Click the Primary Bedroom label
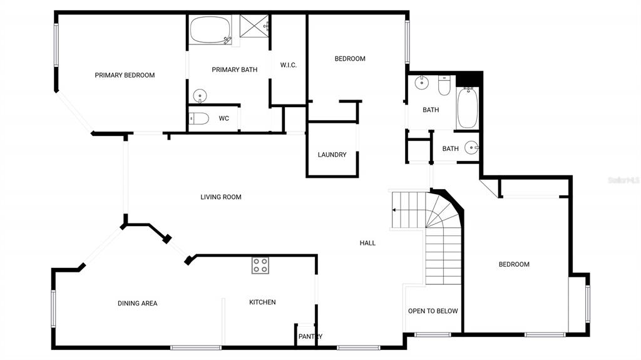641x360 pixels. tap(125, 75)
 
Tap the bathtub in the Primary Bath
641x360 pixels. tap(210, 30)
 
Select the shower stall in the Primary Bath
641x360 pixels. tap(254, 26)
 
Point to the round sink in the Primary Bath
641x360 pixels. tap(200, 96)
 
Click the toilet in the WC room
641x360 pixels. tap(199, 118)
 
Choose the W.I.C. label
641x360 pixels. tap(288, 65)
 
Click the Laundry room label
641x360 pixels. tap(332, 155)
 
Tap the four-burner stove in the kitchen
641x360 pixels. tap(260, 265)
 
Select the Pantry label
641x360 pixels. tap(310, 336)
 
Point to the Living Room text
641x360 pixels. tap(221, 197)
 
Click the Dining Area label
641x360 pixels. tap(137, 303)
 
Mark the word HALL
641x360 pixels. tap(367, 243)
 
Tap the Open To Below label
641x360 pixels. tap(433, 311)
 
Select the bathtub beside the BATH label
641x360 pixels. tap(468, 108)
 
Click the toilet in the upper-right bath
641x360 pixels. tap(444, 85)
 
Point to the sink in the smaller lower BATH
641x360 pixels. tap(471, 147)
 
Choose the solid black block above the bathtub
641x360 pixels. tap(468, 79)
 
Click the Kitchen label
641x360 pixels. tap(262, 302)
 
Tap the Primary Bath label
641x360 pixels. tap(235, 70)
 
